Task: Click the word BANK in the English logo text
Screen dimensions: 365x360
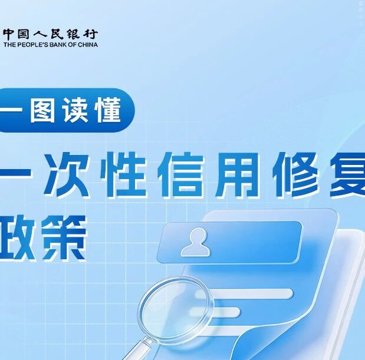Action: pos(58,45)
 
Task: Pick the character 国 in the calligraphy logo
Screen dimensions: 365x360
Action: pos(23,34)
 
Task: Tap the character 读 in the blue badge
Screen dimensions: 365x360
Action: pos(75,110)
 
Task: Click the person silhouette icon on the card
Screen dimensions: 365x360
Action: pos(196,242)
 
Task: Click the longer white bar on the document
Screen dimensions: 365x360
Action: pos(245,293)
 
